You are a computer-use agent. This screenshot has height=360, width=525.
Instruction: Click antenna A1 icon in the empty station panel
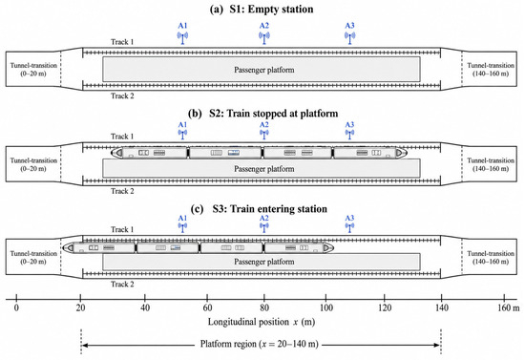click(182, 38)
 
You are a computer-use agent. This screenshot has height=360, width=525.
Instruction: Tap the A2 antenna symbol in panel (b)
click(264, 135)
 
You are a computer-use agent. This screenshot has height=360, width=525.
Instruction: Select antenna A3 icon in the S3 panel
click(350, 227)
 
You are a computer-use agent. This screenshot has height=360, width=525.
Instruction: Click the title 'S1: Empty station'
click(271, 9)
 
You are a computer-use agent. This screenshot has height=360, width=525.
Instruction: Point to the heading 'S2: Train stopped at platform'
click(274, 114)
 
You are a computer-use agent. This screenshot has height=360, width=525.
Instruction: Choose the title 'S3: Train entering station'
click(270, 209)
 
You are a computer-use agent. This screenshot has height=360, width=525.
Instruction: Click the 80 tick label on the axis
click(264, 307)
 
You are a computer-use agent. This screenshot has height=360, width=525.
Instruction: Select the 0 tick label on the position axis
click(16, 307)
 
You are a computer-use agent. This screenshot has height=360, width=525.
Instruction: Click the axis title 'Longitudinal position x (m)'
click(262, 322)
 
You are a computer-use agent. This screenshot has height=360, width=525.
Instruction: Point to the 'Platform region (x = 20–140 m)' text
click(259, 344)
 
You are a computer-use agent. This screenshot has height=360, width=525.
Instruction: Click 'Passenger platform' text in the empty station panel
click(264, 70)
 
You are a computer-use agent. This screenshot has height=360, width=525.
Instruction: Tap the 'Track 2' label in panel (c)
click(122, 285)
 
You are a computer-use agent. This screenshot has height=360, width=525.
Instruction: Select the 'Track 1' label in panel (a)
click(122, 42)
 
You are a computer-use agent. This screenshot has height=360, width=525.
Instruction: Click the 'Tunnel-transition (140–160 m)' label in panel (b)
click(491, 164)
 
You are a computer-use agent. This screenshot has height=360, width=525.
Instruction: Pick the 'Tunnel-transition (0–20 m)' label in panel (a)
click(33, 70)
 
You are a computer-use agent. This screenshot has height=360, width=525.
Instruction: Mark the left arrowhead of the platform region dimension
click(85, 345)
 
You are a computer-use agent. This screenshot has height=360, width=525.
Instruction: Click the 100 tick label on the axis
click(326, 307)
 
